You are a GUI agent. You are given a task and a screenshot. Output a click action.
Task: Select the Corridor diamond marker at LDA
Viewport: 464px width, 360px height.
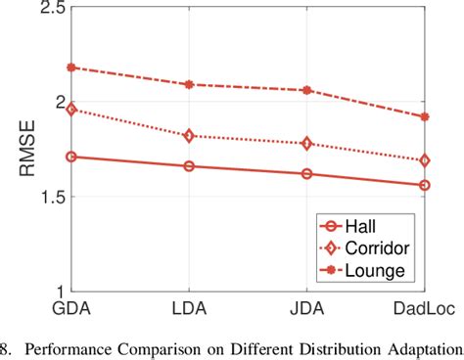point(189,136)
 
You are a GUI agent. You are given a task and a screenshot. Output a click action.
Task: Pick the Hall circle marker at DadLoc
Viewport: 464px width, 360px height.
point(424,185)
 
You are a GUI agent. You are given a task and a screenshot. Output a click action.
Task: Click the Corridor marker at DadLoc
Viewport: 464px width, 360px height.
point(424,160)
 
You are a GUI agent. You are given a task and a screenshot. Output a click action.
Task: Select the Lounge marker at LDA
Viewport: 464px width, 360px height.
point(189,84)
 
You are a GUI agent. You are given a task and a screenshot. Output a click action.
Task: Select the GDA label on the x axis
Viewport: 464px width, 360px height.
point(72,306)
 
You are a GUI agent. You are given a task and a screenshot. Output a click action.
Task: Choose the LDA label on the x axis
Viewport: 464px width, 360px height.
point(189,306)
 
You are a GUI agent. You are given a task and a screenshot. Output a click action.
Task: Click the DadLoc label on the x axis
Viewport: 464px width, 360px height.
point(422,306)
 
